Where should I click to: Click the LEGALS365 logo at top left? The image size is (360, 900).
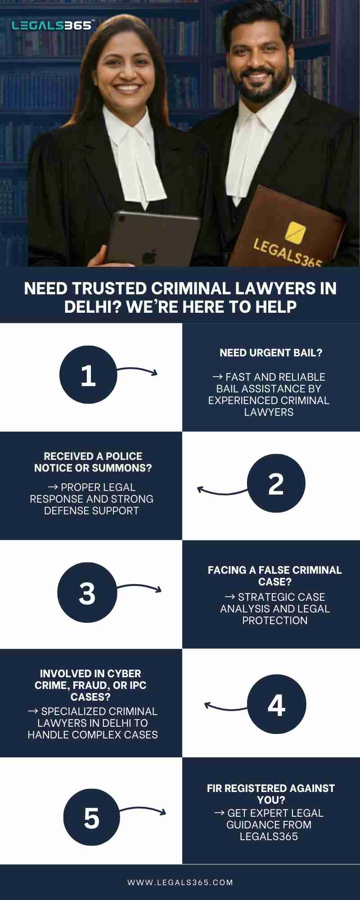52,26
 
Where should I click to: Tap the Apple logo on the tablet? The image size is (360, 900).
149,257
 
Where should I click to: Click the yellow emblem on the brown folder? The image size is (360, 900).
295,232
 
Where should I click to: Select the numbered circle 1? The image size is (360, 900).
88,375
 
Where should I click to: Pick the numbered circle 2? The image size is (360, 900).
276,483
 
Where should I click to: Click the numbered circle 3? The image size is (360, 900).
87,593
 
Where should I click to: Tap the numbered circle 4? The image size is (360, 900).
276,704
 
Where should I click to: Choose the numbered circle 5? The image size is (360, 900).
91,817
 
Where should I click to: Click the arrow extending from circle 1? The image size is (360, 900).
138,370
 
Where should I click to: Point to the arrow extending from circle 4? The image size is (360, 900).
225,707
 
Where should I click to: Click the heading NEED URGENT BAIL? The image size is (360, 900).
271,353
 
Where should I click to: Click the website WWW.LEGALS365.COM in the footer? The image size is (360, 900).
180,882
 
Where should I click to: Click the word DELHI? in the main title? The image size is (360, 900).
93,307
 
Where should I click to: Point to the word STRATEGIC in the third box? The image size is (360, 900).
281,597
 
